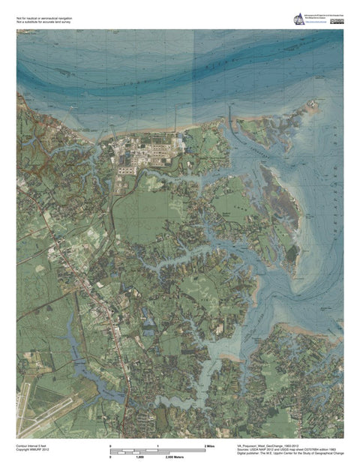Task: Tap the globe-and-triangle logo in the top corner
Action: [299, 20]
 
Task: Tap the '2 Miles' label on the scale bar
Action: [211, 446]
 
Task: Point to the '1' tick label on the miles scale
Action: [157, 446]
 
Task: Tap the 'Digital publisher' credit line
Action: [285, 454]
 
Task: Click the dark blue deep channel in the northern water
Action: [225, 71]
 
